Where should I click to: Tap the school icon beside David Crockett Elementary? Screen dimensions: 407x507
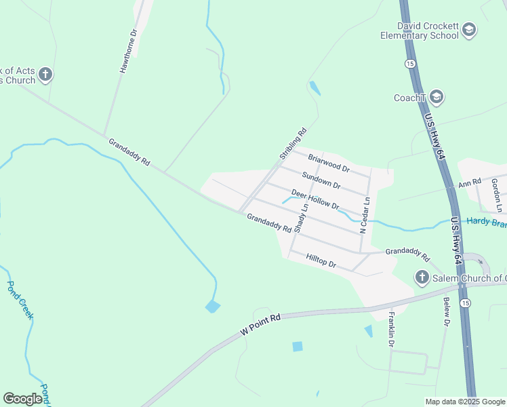click(x=469, y=30)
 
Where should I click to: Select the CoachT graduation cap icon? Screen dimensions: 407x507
click(x=437, y=97)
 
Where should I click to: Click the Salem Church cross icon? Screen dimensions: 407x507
click(x=422, y=277)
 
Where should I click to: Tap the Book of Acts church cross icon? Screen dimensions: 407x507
click(x=45, y=75)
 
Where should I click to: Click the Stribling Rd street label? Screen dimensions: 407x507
click(x=293, y=144)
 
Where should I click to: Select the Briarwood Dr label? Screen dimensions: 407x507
click(x=328, y=163)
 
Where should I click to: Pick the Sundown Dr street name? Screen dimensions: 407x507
click(x=321, y=180)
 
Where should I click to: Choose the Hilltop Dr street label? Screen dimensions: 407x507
click(x=321, y=260)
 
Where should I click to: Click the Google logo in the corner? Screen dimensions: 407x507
click(x=23, y=399)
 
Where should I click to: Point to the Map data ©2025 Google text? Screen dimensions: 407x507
click(x=465, y=402)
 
